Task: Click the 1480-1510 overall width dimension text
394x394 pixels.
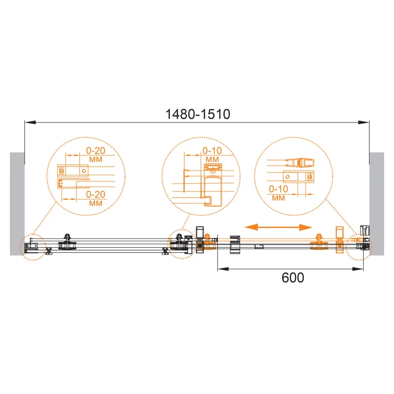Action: (198, 114)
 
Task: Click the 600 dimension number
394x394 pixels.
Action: (293, 278)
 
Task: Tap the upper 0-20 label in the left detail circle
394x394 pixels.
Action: (96, 151)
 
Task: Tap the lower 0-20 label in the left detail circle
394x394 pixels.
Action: (96, 194)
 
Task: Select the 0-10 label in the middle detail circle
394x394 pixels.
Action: (212, 151)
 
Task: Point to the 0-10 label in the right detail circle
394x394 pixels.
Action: (278, 189)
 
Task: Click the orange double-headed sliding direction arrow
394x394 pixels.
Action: (278, 228)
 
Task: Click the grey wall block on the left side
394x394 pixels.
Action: (17, 204)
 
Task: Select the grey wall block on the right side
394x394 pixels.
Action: (377, 204)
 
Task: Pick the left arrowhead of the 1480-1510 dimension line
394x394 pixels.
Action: (30, 122)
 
